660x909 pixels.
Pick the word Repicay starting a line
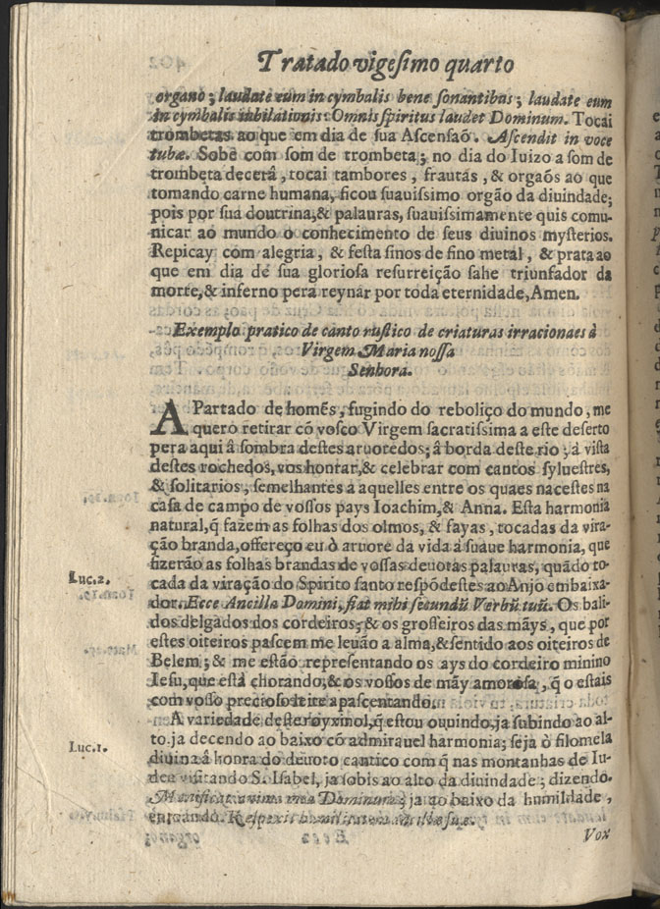pos(181,250)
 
